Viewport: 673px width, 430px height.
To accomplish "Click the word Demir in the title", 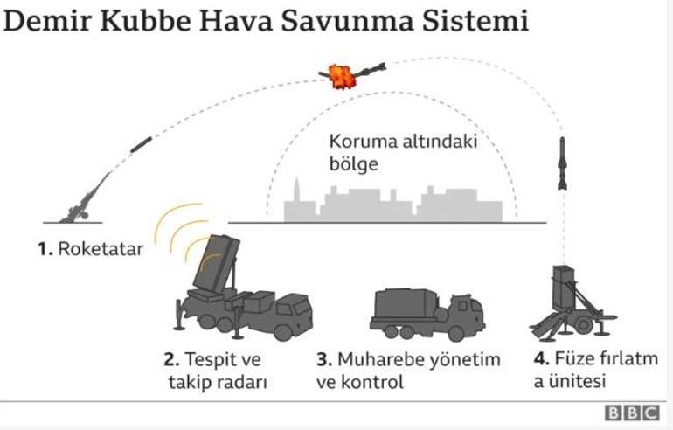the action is pos(47,21).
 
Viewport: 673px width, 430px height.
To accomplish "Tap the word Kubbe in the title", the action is pos(145,21).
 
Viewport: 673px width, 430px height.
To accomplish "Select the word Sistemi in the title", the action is pos(475,21).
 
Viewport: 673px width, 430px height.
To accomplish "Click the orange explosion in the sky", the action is pos(342,76).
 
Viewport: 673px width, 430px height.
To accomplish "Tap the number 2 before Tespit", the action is pos(171,359).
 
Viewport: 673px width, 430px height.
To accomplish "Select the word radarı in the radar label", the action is pos(239,382).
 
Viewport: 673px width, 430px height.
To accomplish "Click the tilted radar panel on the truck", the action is pos(217,262).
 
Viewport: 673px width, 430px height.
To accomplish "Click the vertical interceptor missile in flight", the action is pos(562,163).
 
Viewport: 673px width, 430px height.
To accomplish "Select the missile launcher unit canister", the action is pos(564,288).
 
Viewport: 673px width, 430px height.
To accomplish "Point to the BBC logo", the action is pos(632,413).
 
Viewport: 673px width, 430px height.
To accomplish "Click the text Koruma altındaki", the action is pos(403,142).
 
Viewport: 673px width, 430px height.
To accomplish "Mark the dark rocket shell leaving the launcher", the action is pos(141,144).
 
